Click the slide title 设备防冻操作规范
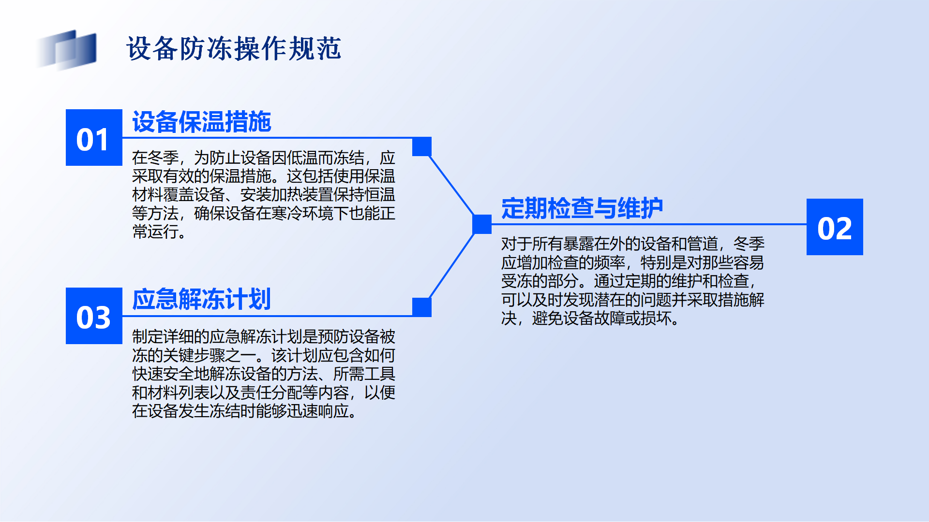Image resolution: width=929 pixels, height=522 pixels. (234, 49)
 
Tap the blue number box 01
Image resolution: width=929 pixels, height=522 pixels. (94, 138)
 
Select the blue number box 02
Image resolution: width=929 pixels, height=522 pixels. (835, 227)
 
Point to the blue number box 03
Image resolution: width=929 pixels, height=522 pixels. (94, 316)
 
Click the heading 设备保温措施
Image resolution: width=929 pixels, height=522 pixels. (202, 121)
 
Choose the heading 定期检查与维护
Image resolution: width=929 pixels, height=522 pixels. (582, 208)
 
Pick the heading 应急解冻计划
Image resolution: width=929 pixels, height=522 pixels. (202, 299)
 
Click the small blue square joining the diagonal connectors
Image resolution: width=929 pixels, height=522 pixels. (482, 224)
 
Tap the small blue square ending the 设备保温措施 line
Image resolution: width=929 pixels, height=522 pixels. (422, 146)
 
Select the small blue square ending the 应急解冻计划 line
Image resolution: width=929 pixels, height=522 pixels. (422, 307)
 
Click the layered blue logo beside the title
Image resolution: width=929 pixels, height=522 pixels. (67, 49)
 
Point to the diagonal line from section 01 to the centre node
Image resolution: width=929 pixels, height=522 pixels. (452, 186)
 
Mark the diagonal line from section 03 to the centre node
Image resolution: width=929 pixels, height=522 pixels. (452, 266)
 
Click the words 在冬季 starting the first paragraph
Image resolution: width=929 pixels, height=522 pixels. (155, 158)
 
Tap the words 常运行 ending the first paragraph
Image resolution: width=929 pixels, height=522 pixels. (155, 232)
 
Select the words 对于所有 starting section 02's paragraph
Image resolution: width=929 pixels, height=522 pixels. (532, 244)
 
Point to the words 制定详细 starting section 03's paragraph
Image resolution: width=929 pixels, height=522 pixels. (163, 336)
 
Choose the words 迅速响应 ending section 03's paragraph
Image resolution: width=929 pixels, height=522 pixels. (318, 411)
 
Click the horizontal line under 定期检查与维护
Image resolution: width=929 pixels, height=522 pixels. (649, 224)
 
